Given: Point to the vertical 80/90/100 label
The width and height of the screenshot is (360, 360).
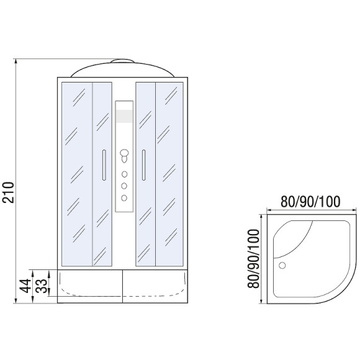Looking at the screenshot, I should (x=253, y=256).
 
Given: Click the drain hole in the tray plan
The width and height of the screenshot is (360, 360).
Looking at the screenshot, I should (x=283, y=264).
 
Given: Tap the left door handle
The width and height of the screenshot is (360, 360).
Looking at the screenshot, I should (x=104, y=164).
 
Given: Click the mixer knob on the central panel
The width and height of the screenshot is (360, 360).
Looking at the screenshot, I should (x=124, y=153).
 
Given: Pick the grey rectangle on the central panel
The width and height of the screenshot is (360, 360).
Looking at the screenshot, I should (x=124, y=117).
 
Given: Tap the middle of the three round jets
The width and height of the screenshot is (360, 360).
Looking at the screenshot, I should (x=124, y=185).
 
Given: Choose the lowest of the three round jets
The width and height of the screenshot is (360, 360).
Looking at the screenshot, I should (x=124, y=197).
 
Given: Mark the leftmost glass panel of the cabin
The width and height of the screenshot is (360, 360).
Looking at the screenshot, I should (x=76, y=174).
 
